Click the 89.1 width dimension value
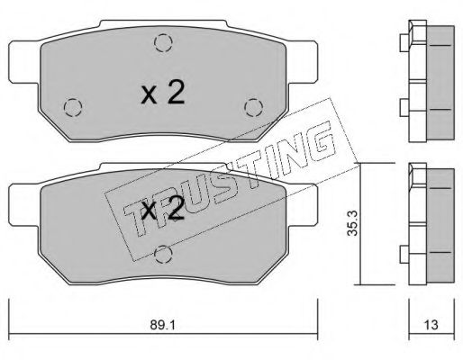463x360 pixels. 162,325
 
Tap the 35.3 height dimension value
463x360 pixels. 353,223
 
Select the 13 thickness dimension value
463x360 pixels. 431,325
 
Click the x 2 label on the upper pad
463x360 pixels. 162,93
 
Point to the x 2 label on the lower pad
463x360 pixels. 162,209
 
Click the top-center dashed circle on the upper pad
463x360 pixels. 163,43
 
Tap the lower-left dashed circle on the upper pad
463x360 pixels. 73,107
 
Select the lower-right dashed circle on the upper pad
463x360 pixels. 254,107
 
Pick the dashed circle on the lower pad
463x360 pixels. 163,254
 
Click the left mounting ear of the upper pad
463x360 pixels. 24,61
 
